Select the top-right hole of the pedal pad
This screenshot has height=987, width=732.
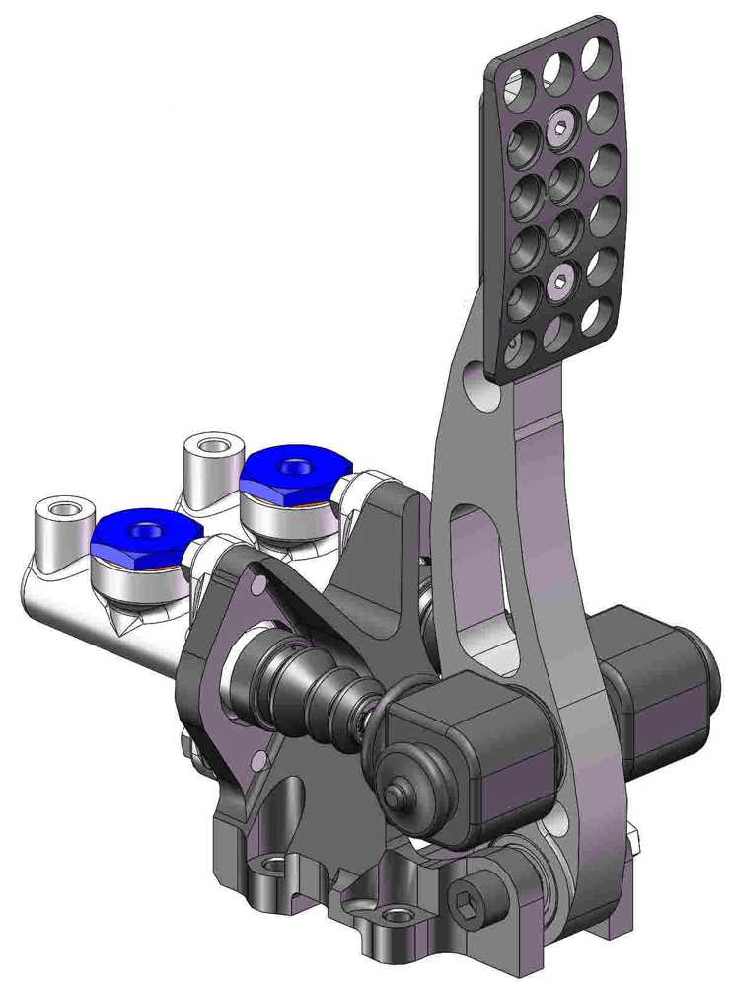click(597, 57)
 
